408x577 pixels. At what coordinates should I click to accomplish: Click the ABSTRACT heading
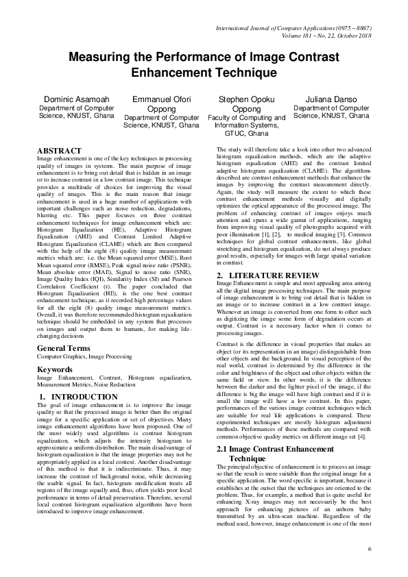[x=59, y=150]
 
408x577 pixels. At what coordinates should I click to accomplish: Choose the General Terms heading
[x=63, y=348]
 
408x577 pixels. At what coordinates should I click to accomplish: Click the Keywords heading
[x=54, y=369]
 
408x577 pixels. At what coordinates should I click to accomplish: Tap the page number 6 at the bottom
[x=369, y=549]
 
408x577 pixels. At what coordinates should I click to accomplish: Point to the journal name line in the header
[x=293, y=27]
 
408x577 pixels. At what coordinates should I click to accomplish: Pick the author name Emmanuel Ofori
[x=161, y=99]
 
